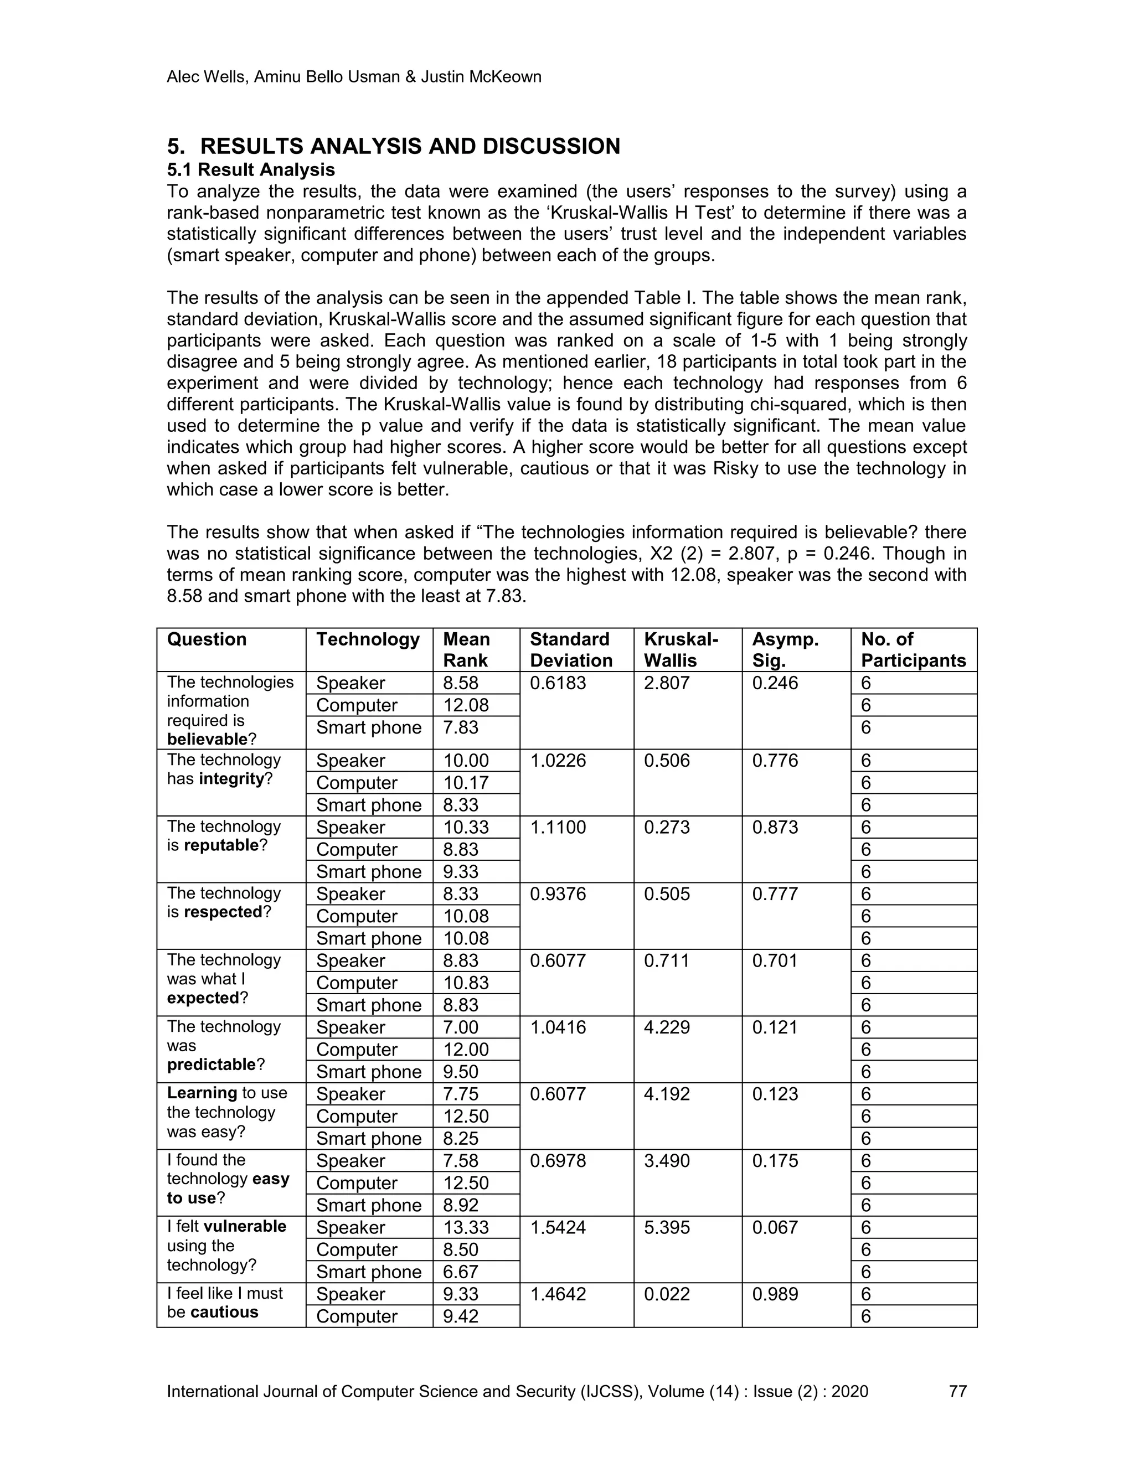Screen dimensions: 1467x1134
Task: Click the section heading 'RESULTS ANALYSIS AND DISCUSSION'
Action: [410, 147]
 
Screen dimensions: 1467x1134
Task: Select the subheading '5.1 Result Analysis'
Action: [251, 169]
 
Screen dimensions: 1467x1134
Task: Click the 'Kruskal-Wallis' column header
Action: [681, 649]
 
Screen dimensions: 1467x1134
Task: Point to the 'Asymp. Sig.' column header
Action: [785, 649]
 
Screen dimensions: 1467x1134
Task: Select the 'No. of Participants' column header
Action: [913, 649]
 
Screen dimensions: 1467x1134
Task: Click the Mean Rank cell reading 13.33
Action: [466, 1227]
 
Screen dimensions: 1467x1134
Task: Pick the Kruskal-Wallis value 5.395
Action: [667, 1227]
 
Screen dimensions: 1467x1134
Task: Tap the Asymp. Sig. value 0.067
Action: [775, 1227]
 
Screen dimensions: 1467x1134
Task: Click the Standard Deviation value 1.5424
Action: [558, 1227]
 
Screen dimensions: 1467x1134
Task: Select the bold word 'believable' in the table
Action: [207, 740]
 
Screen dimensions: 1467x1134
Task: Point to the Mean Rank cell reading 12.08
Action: [466, 705]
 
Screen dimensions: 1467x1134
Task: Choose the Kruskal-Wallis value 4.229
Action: [667, 1027]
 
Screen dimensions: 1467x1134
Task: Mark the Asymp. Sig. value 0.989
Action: [775, 1294]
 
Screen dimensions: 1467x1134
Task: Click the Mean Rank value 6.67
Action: [461, 1272]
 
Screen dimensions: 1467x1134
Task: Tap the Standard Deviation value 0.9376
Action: [558, 894]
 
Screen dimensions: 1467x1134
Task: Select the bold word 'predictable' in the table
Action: [212, 1065]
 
